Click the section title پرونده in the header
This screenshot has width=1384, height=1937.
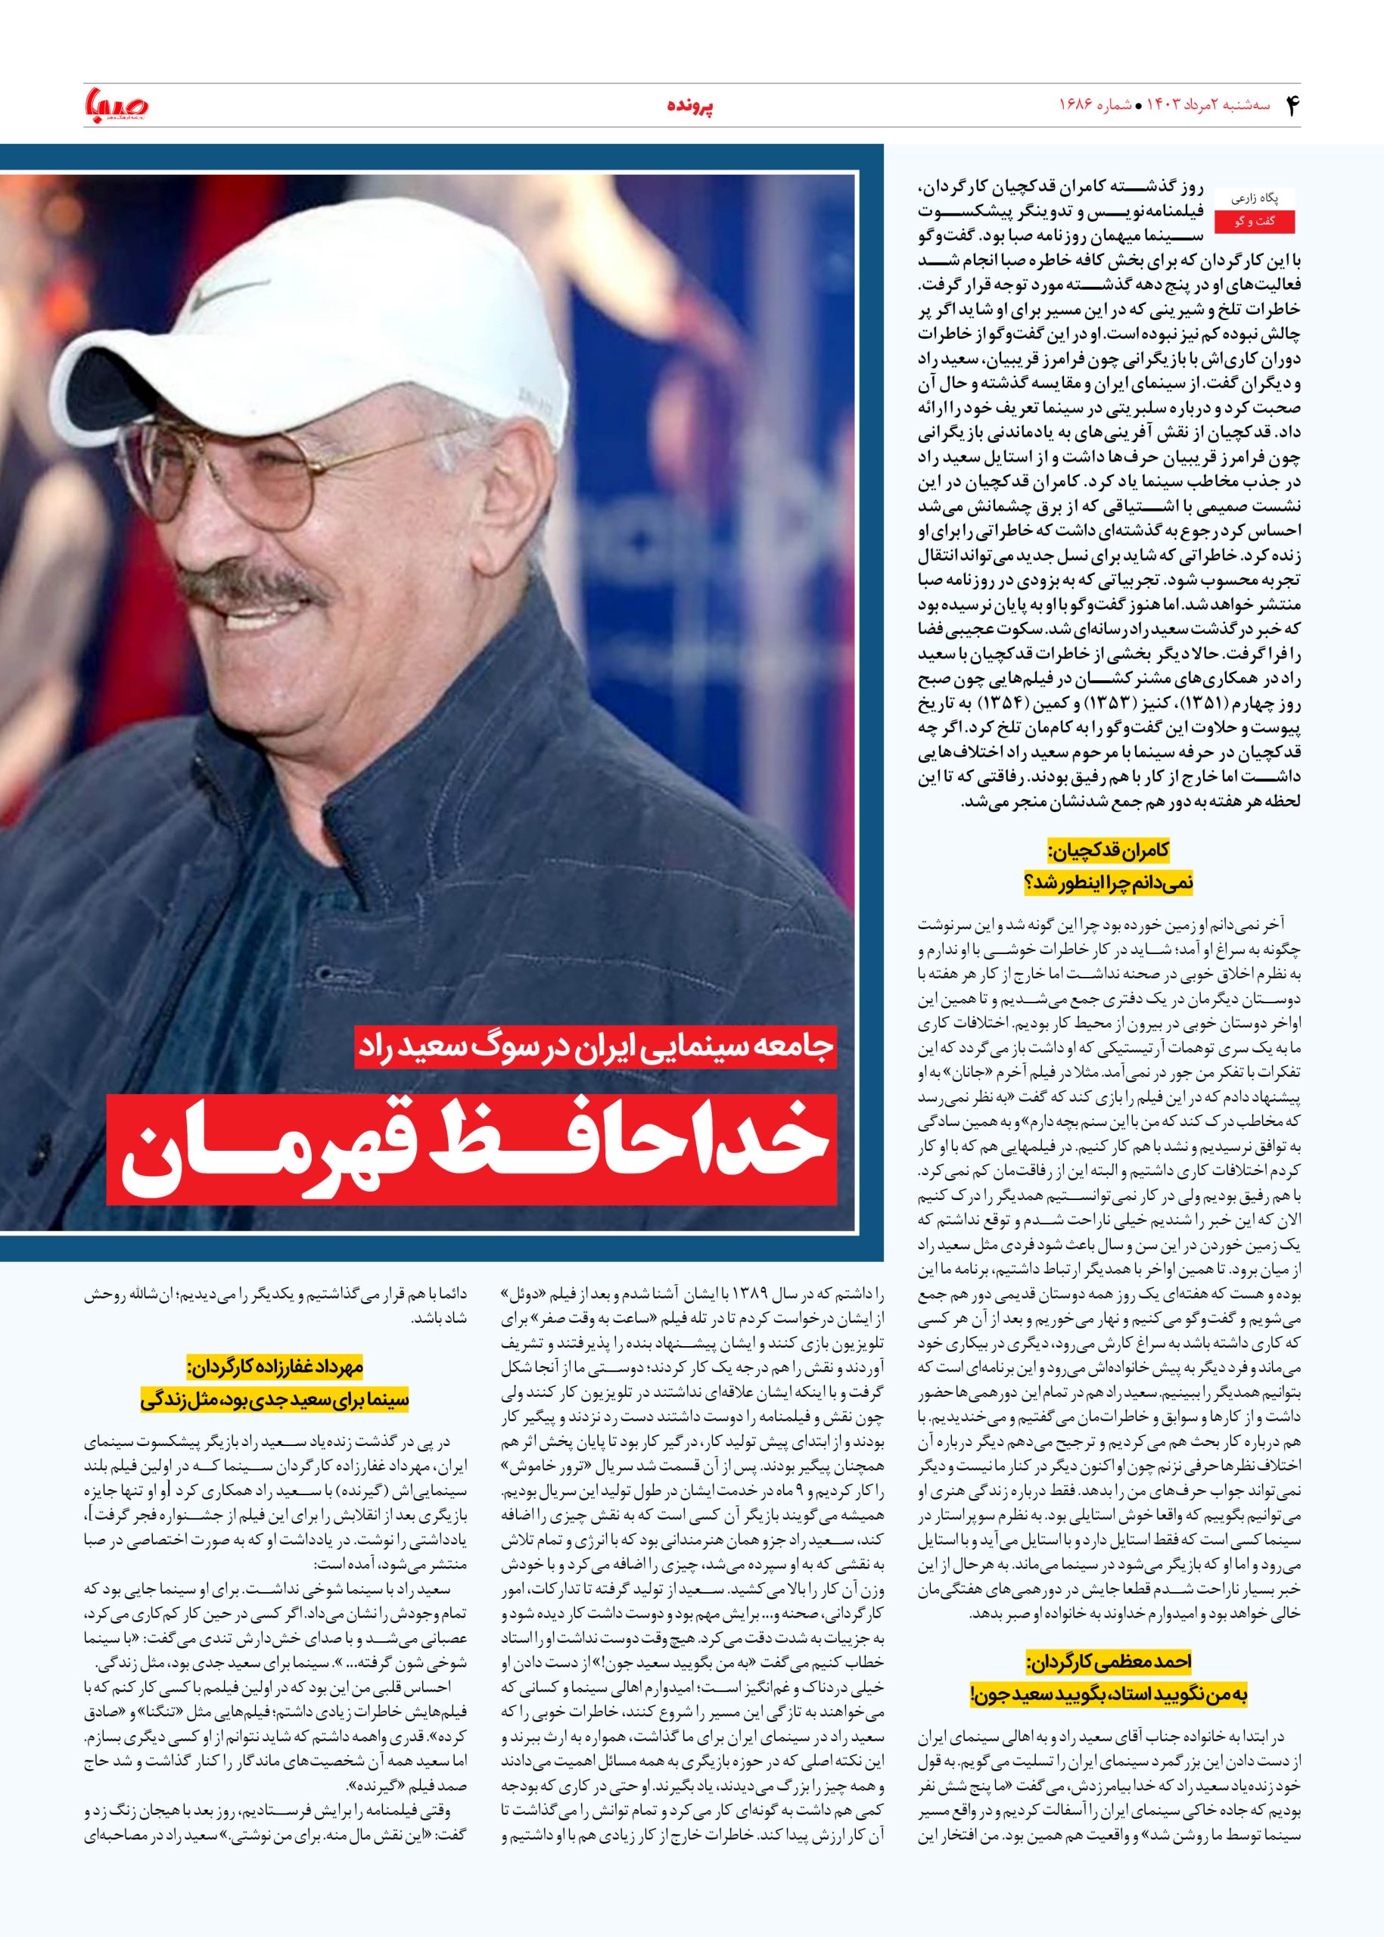[x=689, y=107]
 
